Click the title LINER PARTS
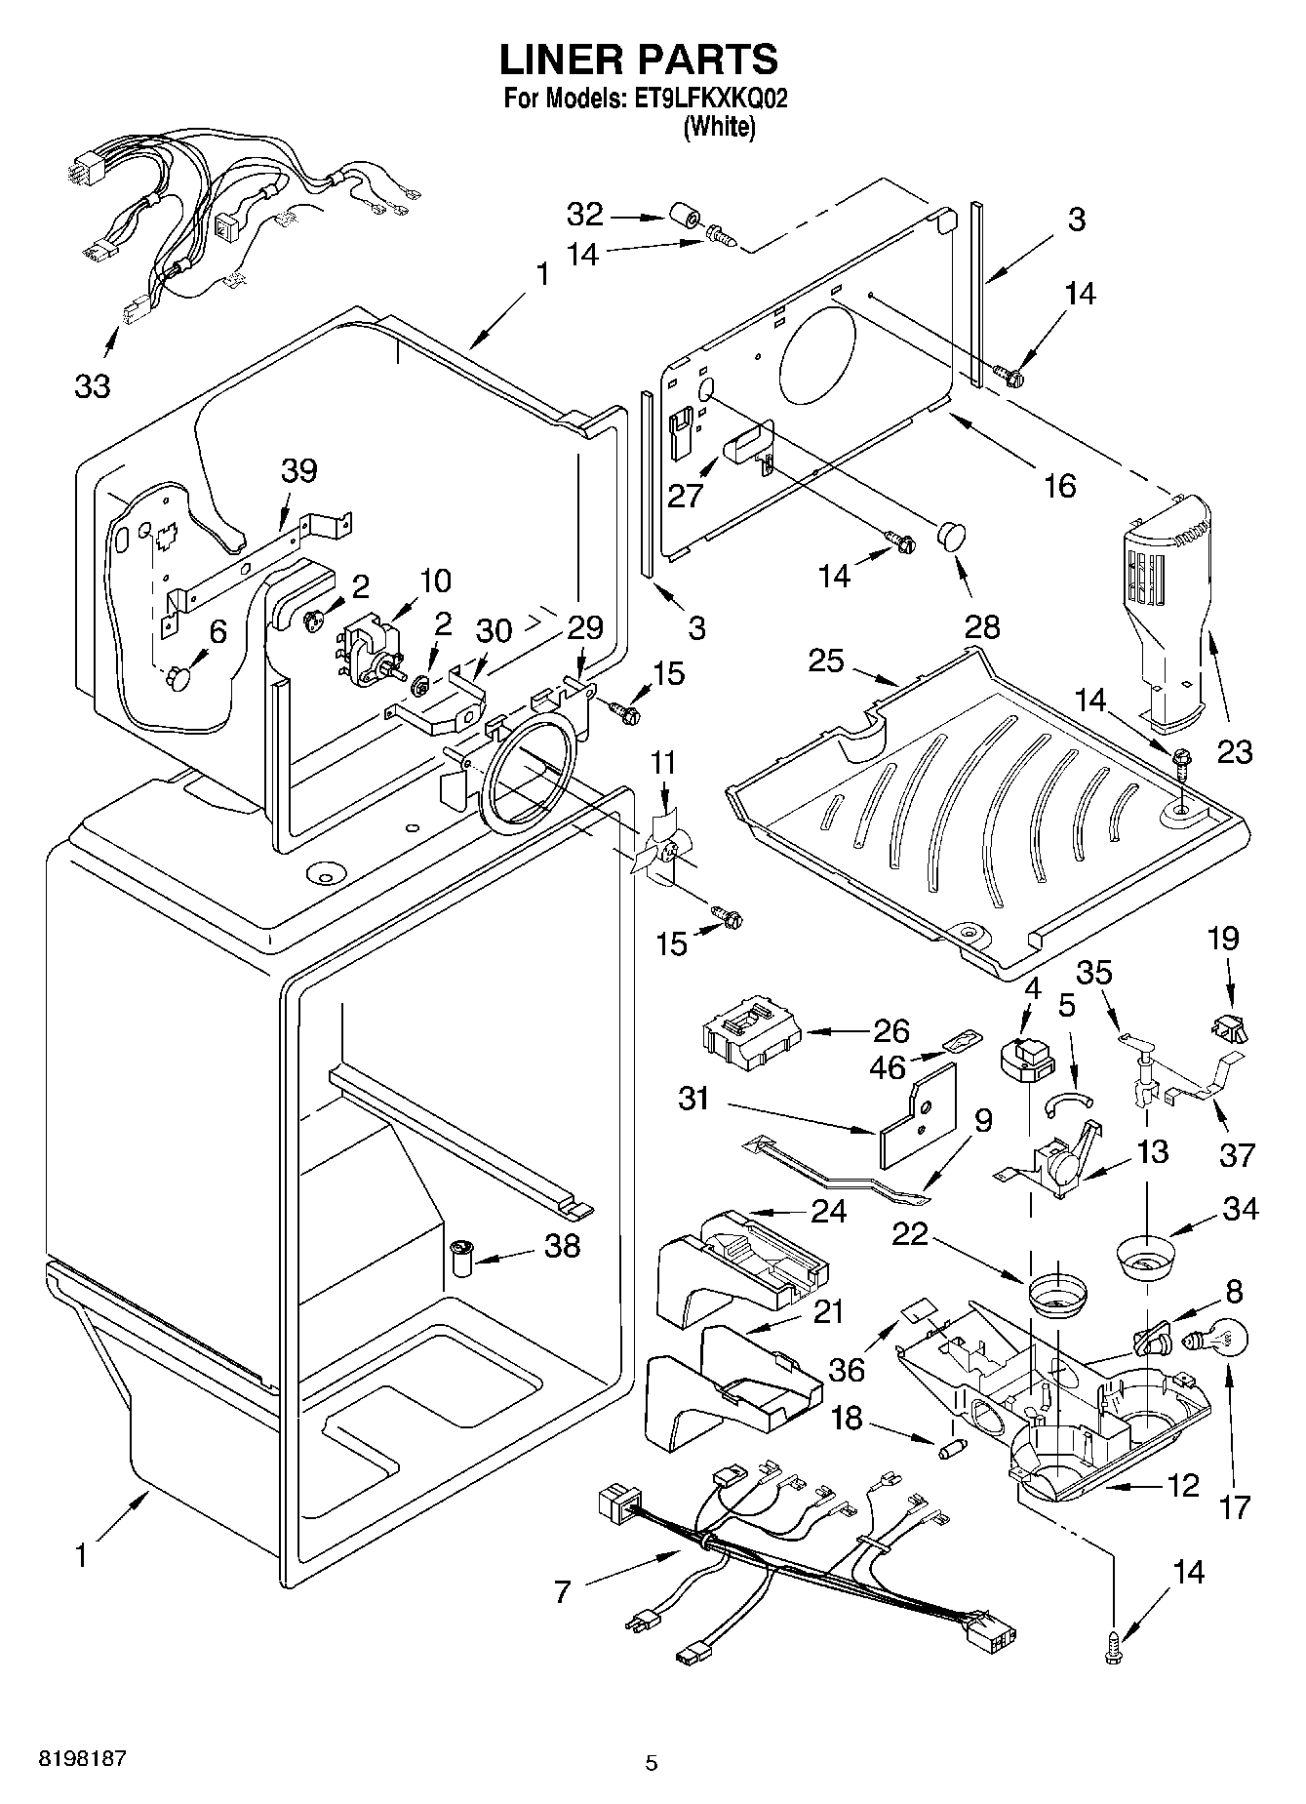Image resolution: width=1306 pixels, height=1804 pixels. click(x=639, y=60)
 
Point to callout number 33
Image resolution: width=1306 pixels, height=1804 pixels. click(x=93, y=386)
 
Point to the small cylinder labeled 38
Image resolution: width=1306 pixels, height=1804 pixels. click(x=461, y=1260)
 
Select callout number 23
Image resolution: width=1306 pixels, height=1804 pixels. click(x=1234, y=751)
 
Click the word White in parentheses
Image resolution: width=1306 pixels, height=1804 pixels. click(x=719, y=126)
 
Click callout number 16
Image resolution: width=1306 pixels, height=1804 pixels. click(x=1059, y=485)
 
